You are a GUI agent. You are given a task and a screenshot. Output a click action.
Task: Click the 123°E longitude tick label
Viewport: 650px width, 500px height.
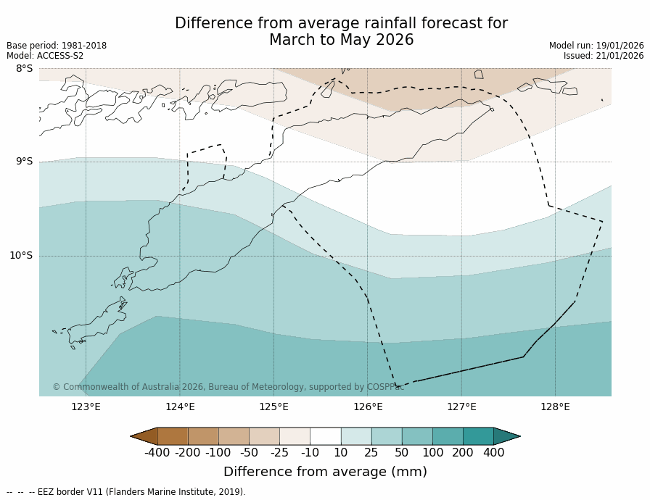click(86, 407)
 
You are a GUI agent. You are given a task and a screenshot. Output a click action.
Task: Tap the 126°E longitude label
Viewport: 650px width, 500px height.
click(368, 407)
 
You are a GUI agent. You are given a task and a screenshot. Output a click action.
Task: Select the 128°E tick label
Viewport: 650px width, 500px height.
click(555, 407)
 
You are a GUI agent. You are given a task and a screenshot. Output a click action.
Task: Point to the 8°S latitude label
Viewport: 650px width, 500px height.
click(24, 68)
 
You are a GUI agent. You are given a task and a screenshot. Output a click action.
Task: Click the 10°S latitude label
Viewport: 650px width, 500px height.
click(21, 255)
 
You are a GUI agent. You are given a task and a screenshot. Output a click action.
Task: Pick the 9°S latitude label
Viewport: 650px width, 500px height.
click(24, 162)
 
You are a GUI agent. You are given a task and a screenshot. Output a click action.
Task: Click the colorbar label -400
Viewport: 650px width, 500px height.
click(157, 453)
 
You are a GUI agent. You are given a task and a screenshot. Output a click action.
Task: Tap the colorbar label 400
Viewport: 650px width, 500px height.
click(493, 453)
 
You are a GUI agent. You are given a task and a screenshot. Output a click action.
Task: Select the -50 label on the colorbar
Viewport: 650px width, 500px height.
click(249, 453)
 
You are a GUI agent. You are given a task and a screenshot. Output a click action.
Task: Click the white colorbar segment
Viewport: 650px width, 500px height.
click(325, 436)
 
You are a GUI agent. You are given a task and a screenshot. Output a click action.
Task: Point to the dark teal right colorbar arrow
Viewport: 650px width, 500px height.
click(506, 436)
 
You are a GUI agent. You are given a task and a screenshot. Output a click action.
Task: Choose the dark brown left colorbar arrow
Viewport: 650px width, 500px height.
click(144, 436)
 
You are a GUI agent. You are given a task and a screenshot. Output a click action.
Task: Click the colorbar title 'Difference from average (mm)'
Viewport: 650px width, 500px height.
click(325, 472)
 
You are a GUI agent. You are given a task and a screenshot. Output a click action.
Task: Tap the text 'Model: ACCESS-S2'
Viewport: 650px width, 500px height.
click(45, 56)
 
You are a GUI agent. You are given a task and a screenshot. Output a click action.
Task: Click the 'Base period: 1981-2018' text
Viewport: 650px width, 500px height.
click(57, 46)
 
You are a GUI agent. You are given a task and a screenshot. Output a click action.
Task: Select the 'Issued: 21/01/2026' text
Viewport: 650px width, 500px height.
click(604, 56)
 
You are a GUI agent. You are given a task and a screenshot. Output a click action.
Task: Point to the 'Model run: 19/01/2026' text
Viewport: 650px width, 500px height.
click(596, 46)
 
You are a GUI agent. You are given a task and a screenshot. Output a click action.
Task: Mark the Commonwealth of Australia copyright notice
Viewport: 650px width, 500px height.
click(229, 387)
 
